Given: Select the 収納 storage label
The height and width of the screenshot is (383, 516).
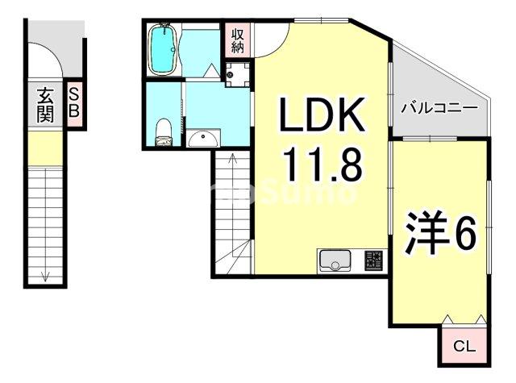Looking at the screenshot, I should pyautogui.click(x=238, y=40).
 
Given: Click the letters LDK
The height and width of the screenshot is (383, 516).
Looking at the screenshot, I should pyautogui.click(x=322, y=117).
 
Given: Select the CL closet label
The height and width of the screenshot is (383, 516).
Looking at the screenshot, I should pyautogui.click(x=464, y=347).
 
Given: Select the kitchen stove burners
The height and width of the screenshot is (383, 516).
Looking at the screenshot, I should pyautogui.click(x=374, y=260).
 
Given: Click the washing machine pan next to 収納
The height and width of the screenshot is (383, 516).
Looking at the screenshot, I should pyautogui.click(x=237, y=74).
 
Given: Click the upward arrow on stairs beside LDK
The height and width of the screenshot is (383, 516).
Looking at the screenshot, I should pyautogui.click(x=233, y=162).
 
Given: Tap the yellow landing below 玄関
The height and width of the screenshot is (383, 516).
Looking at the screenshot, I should pyautogui.click(x=44, y=147).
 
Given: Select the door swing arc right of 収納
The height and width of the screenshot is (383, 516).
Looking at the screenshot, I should pyautogui.click(x=270, y=39).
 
